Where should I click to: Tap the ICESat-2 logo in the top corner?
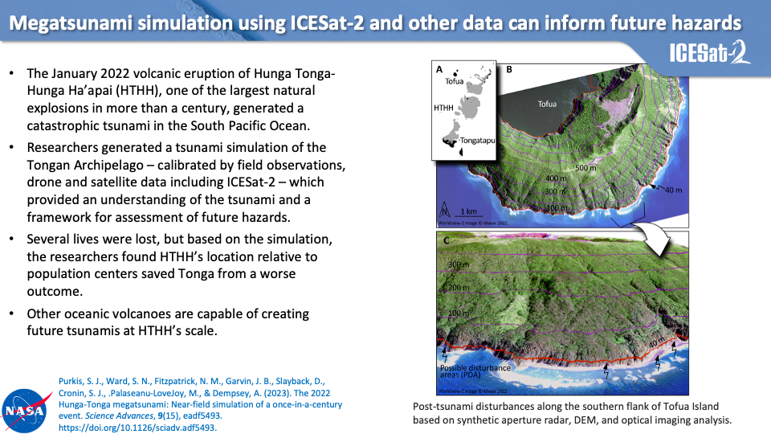[710, 52]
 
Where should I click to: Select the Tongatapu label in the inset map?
[477, 141]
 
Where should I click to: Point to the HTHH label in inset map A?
[443, 108]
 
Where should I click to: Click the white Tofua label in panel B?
[547, 104]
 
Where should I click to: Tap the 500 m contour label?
[585, 168]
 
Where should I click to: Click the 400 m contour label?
[556, 178]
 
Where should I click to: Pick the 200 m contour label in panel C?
[459, 288]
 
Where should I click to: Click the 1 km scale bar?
[468, 212]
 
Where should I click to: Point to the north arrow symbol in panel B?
[444, 210]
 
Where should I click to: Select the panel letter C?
[447, 240]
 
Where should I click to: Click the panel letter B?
[509, 69]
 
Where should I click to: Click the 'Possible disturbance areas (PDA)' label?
[475, 371]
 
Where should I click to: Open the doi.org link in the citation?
[137, 428]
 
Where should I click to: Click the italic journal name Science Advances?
[119, 416]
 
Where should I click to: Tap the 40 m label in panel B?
[673, 190]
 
